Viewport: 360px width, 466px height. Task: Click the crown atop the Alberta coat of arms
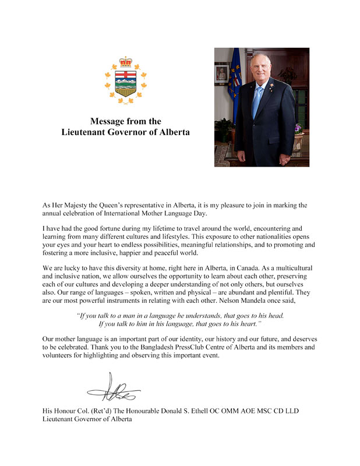click(x=125, y=62)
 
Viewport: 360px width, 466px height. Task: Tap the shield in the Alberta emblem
click(x=125, y=83)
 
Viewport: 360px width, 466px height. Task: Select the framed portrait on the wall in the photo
click(x=221, y=73)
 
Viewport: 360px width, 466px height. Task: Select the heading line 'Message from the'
click(x=125, y=121)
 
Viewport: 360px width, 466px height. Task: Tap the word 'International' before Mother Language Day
click(x=121, y=213)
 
